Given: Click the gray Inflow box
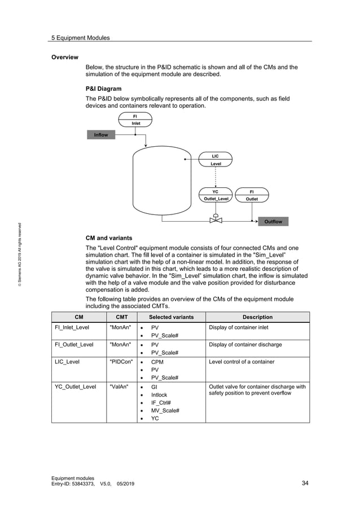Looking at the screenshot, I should pos(101,135).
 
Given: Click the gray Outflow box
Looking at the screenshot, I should pos(273,222).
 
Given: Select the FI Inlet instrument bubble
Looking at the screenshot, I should pos(136,120).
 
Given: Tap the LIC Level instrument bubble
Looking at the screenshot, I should pos(216,160).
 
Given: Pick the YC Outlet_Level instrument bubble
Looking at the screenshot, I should pos(215,195).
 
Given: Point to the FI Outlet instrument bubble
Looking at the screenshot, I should pos(252,195).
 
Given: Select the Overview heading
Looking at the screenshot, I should pos(65,58).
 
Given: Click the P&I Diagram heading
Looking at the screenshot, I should pos(103,89).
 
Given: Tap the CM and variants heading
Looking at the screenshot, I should pos(109,238).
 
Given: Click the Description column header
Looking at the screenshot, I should pos(257,317).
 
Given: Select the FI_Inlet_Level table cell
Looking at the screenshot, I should pos(71,327).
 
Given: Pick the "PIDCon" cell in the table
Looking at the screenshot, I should pos(120,361).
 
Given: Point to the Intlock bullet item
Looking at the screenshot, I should pos(159,395).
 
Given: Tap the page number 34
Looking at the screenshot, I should pos(305,483).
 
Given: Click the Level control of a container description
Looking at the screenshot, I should pos(242,361).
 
